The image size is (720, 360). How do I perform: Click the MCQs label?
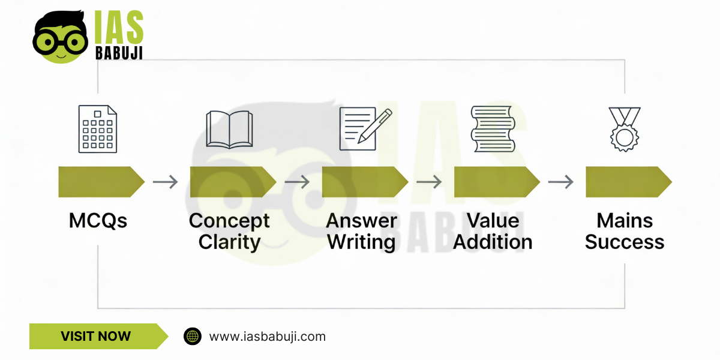(x=98, y=221)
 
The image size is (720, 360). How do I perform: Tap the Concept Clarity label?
(x=229, y=231)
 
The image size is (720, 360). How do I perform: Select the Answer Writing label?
(x=362, y=231)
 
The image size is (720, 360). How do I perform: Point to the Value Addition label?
(x=493, y=231)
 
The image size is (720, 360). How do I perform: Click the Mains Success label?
(x=625, y=231)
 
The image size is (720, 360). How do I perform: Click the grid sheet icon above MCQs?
(x=97, y=129)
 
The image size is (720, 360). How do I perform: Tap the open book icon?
(x=229, y=129)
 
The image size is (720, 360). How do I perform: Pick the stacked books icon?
(x=493, y=129)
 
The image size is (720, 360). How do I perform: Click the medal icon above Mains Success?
(x=625, y=128)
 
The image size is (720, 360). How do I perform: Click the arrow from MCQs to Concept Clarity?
(x=165, y=182)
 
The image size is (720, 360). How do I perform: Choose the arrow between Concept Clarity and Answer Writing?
(x=297, y=182)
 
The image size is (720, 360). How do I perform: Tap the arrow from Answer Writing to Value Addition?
(x=429, y=182)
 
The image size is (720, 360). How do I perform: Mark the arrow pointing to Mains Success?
(x=561, y=182)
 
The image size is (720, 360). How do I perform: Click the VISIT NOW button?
(x=96, y=336)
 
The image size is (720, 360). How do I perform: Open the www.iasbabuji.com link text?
(x=267, y=337)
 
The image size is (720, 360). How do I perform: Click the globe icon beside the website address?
(x=193, y=336)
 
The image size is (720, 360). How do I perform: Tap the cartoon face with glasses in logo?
(x=60, y=37)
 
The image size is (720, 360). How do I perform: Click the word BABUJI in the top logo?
(x=119, y=52)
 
